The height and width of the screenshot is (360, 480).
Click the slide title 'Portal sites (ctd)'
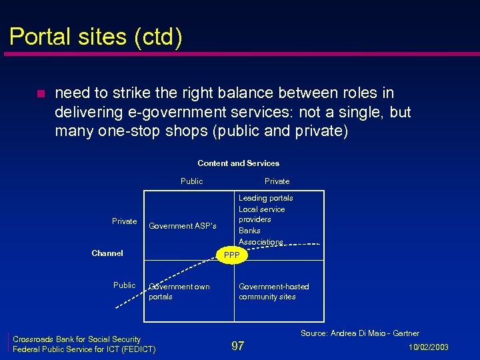pyautogui.click(x=95, y=36)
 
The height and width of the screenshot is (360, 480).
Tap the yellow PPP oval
pyautogui.click(x=232, y=255)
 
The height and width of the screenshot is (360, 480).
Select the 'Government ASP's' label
pyautogui.click(x=183, y=226)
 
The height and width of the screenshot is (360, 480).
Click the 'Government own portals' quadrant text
pyautogui.click(x=179, y=291)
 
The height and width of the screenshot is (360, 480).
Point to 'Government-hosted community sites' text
pyautogui.click(x=274, y=291)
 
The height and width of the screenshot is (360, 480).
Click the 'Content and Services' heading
pyautogui.click(x=238, y=163)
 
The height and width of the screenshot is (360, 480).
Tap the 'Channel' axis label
pyautogui.click(x=107, y=253)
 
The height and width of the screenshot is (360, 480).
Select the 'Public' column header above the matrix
pyautogui.click(x=191, y=181)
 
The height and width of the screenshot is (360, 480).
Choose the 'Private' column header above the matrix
pyautogui.click(x=277, y=181)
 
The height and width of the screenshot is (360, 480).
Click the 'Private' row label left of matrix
pyautogui.click(x=125, y=221)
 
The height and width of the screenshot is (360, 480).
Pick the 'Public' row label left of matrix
pyautogui.click(x=125, y=285)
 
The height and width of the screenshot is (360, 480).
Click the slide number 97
pyautogui.click(x=237, y=346)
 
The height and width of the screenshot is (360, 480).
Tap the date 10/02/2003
pyautogui.click(x=428, y=347)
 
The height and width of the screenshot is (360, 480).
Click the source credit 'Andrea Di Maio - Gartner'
pyautogui.click(x=360, y=333)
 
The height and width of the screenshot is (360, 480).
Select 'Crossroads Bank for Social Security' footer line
pyautogui.click(x=77, y=339)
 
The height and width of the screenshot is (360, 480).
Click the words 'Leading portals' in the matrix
pyautogui.click(x=266, y=198)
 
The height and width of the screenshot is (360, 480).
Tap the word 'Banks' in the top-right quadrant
pyautogui.click(x=250, y=231)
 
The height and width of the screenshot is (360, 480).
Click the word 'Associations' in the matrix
pyautogui.click(x=261, y=242)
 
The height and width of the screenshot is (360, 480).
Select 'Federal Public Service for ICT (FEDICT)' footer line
pyautogui.click(x=85, y=349)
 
